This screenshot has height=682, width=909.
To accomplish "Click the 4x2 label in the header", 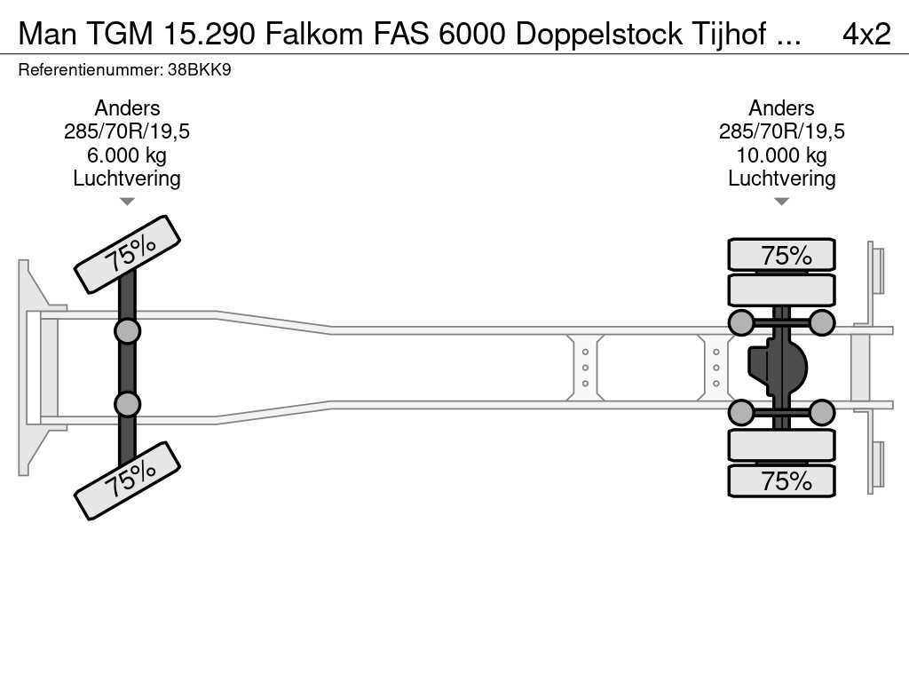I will [x=866, y=34].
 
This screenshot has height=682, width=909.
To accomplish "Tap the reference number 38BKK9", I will [x=204, y=69].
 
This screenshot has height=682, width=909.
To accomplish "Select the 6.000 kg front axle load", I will [x=127, y=155].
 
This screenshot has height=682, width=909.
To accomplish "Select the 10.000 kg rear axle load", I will [x=781, y=155].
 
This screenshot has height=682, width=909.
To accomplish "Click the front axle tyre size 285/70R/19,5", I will [x=127, y=132].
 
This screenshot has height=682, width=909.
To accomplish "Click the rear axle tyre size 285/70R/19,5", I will [x=781, y=132].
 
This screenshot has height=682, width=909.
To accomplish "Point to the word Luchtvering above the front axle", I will [x=127, y=178].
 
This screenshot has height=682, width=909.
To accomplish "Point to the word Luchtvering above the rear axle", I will [x=781, y=178].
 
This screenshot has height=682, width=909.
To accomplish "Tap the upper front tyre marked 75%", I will [x=128, y=255].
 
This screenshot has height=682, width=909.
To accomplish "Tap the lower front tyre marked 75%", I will [x=128, y=480].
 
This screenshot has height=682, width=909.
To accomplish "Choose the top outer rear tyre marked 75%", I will [x=781, y=255].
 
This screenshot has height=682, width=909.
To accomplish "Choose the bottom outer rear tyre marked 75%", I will [x=781, y=480].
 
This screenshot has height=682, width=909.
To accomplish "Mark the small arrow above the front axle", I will [x=127, y=202].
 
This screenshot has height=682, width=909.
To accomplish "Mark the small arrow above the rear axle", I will [x=781, y=202].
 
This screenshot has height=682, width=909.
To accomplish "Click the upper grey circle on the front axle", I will [x=128, y=331].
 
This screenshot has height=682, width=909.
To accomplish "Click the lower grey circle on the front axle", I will [x=128, y=404].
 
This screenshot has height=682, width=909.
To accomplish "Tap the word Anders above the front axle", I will [x=127, y=108].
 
